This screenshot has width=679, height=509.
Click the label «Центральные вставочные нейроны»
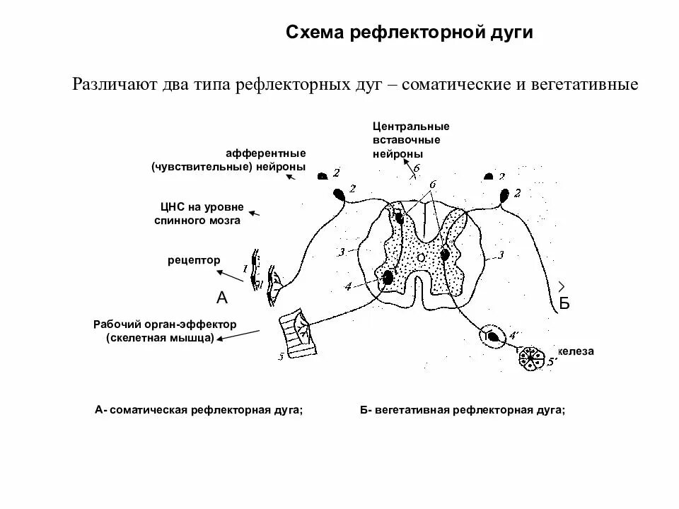click(x=411, y=139)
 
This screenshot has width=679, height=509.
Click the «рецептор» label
click(x=194, y=260)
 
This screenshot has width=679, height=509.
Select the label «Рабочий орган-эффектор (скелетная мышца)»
click(x=164, y=331)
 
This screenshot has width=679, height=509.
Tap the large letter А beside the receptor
click(x=222, y=298)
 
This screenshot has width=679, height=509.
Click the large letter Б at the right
click(x=564, y=304)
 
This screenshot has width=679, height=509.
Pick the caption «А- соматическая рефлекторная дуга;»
click(x=198, y=410)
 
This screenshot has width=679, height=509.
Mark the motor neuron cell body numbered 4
click(x=388, y=277)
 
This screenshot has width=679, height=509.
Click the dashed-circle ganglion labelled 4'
click(x=492, y=335)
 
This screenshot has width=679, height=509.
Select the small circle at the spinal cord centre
click(x=421, y=258)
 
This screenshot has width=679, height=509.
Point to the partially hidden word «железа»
click(x=576, y=351)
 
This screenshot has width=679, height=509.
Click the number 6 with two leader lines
click(x=433, y=185)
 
